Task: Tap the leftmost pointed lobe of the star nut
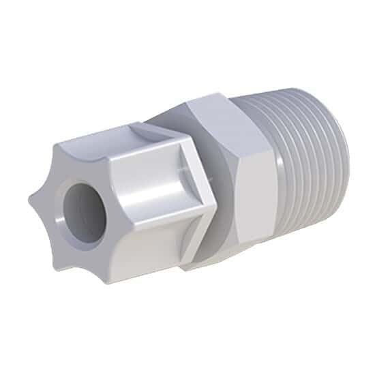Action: [33, 201]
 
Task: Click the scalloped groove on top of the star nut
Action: [112, 136]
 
